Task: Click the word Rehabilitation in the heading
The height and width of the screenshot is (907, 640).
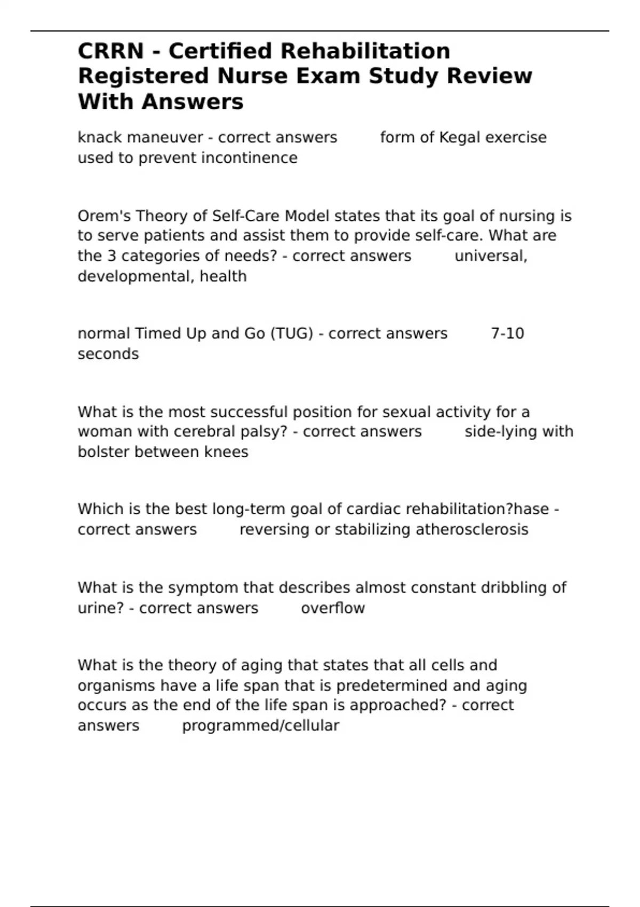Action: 365,51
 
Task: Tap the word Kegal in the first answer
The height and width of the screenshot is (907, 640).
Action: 460,138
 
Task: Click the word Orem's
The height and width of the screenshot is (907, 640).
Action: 105,216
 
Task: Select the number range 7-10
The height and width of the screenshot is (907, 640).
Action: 507,333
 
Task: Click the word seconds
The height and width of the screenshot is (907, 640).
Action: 108,354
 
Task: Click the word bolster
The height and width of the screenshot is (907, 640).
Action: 103,452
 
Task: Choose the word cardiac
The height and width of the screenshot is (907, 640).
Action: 374,509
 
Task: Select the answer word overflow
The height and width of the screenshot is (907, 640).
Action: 333,608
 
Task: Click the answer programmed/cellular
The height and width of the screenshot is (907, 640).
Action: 261,726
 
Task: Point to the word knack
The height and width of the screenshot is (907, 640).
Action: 100,138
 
